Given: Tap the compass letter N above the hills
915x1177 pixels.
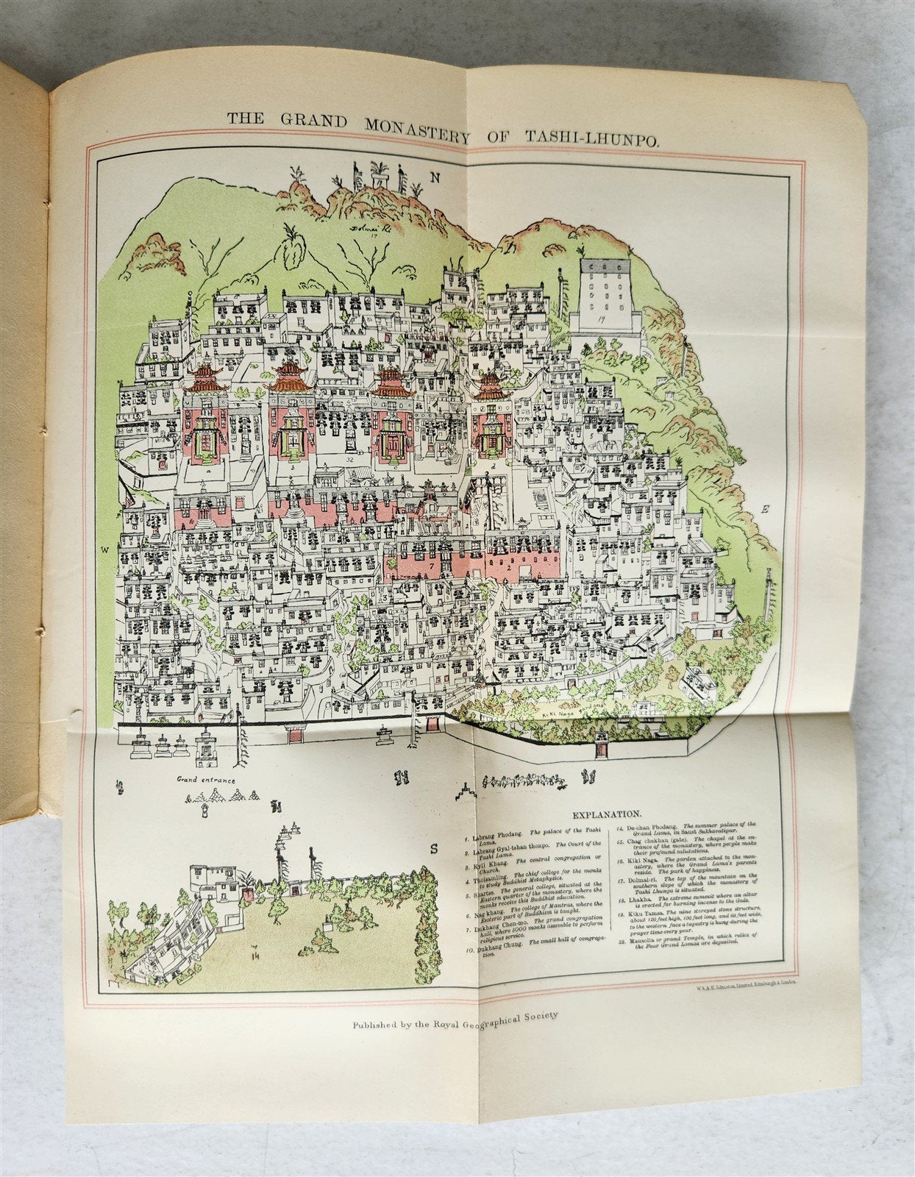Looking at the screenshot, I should click(x=435, y=177).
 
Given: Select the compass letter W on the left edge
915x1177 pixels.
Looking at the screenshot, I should click(x=105, y=550).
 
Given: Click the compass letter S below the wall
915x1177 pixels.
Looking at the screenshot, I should click(x=434, y=847).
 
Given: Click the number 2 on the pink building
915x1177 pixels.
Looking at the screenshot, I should click(x=509, y=567).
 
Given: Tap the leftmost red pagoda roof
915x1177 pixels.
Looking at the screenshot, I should click(x=206, y=380).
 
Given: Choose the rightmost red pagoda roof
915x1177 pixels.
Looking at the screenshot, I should click(x=491, y=388).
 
